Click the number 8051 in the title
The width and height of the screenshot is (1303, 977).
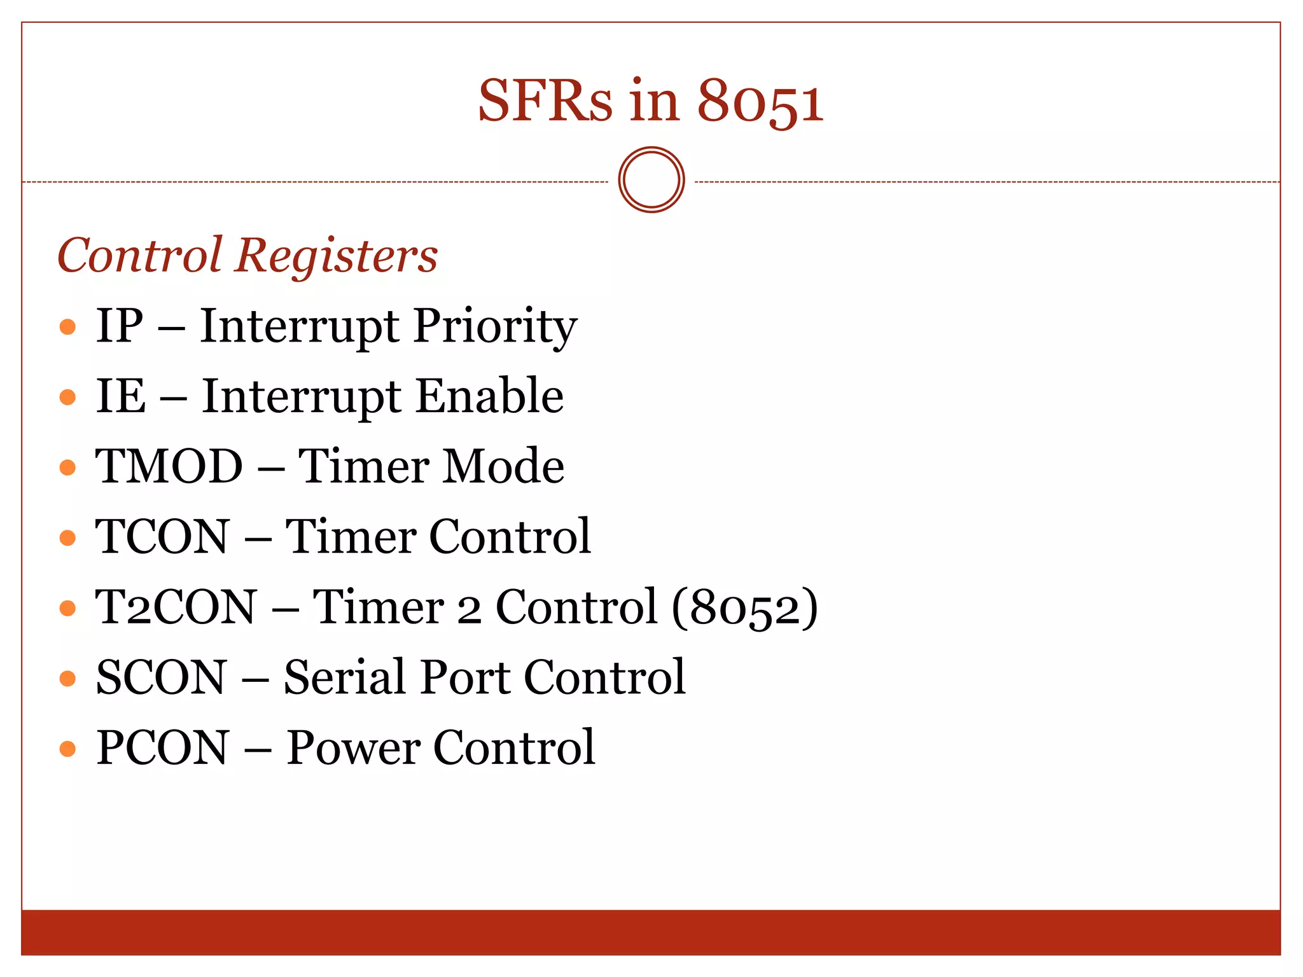click(x=760, y=102)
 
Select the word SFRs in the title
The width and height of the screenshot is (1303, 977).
click(x=545, y=102)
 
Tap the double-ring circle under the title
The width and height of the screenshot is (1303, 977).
click(x=651, y=180)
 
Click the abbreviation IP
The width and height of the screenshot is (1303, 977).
click(x=120, y=326)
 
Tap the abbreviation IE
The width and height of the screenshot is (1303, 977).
click(x=120, y=396)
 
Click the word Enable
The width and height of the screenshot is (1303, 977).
click(x=490, y=396)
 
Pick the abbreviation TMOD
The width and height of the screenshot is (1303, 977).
click(x=169, y=466)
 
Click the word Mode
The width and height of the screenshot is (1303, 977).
click(x=503, y=466)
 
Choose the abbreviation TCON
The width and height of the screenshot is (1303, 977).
click(x=162, y=536)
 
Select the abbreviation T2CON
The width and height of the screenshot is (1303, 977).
click(x=176, y=607)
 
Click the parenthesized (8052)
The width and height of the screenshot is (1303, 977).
click(x=744, y=607)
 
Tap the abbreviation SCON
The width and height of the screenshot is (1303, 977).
click(x=161, y=677)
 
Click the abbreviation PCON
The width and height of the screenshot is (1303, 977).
click(x=162, y=747)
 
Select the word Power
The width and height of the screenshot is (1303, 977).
click(x=352, y=747)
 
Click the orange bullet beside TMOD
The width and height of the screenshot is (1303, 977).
click(x=67, y=468)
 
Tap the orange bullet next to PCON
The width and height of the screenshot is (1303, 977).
click(x=67, y=749)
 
